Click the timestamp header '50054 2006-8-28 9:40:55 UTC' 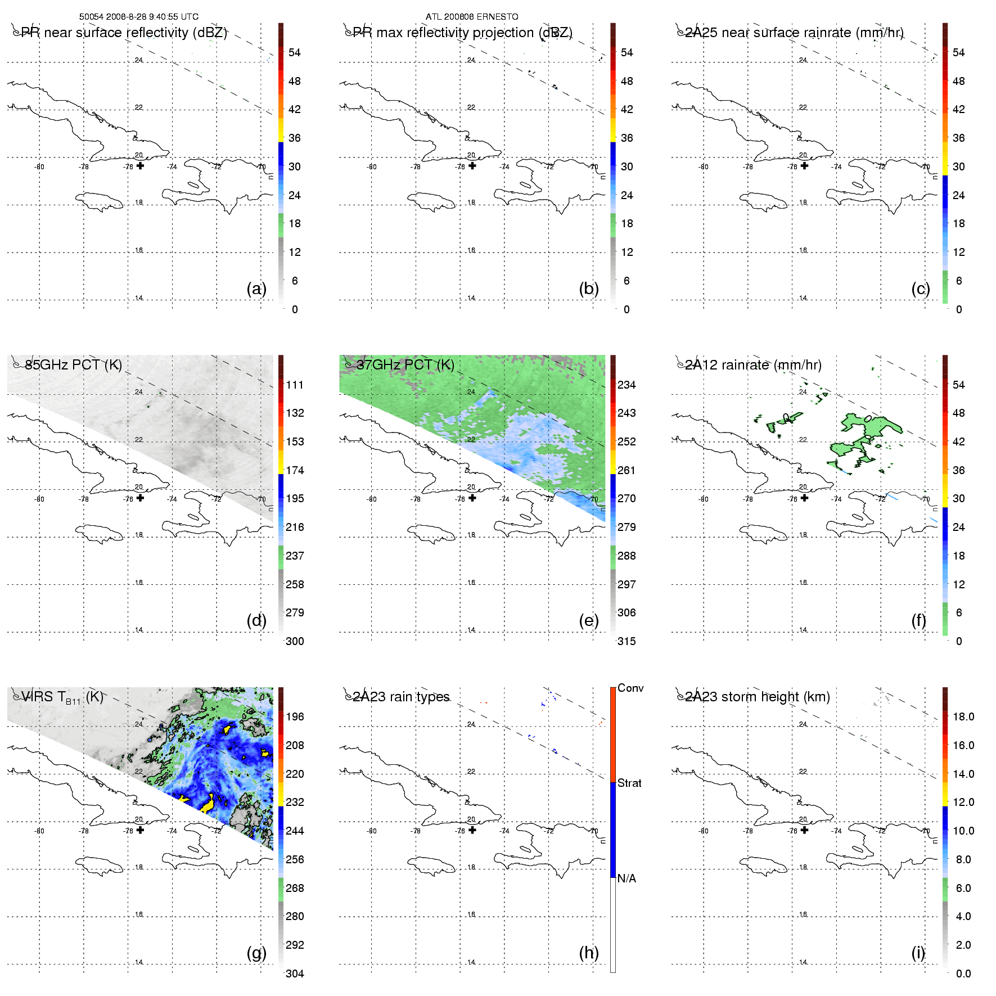tap(138, 17)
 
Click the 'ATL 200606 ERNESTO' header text tap(471, 17)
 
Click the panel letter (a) tap(256, 289)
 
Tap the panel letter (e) tap(588, 620)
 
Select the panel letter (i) tap(918, 953)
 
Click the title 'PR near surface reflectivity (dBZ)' tap(124, 33)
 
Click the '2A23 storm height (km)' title tap(757, 697)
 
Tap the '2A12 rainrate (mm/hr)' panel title tap(753, 365)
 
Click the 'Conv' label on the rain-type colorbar tap(630, 688)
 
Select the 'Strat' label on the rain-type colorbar tap(629, 783)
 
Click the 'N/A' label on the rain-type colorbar tap(627, 878)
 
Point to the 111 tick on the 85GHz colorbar tap(295, 385)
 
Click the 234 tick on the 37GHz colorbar tap(627, 385)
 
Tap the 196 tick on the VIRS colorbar tap(295, 716)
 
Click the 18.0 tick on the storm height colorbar tap(963, 716)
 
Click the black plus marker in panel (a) tap(140, 165)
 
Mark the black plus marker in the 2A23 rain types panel tap(472, 830)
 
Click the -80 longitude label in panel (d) tap(39, 499)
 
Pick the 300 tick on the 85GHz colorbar tap(295, 641)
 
